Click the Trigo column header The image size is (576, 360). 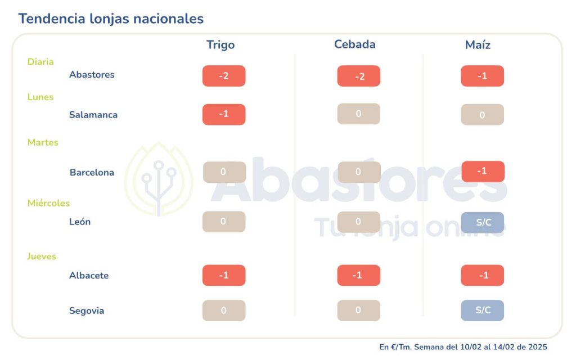pyautogui.click(x=220, y=45)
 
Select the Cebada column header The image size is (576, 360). pyautogui.click(x=354, y=44)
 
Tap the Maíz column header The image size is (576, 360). pyautogui.click(x=478, y=45)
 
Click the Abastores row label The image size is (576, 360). pyautogui.click(x=92, y=75)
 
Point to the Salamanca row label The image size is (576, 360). pyautogui.click(x=93, y=115)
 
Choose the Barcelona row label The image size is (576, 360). pyautogui.click(x=92, y=173)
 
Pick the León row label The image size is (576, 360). pyautogui.click(x=80, y=222)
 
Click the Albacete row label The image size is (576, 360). pyautogui.click(x=89, y=276)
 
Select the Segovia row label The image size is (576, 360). pyautogui.click(x=87, y=310)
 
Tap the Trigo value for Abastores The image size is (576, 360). pyautogui.click(x=224, y=76)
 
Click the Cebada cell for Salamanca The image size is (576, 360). pyautogui.click(x=358, y=114)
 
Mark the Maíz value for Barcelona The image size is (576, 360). pyautogui.click(x=483, y=172)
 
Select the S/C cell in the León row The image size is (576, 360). pyautogui.click(x=483, y=222)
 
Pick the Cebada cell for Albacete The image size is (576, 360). pyautogui.click(x=358, y=276)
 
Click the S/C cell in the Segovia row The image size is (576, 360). pyautogui.click(x=483, y=310)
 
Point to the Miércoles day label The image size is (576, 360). pyautogui.click(x=48, y=203)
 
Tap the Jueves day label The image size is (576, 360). pyautogui.click(x=42, y=256)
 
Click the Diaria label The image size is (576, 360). pyautogui.click(x=40, y=62)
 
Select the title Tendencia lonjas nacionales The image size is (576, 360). pyautogui.click(x=111, y=19)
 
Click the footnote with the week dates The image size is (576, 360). pyautogui.click(x=463, y=347)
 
